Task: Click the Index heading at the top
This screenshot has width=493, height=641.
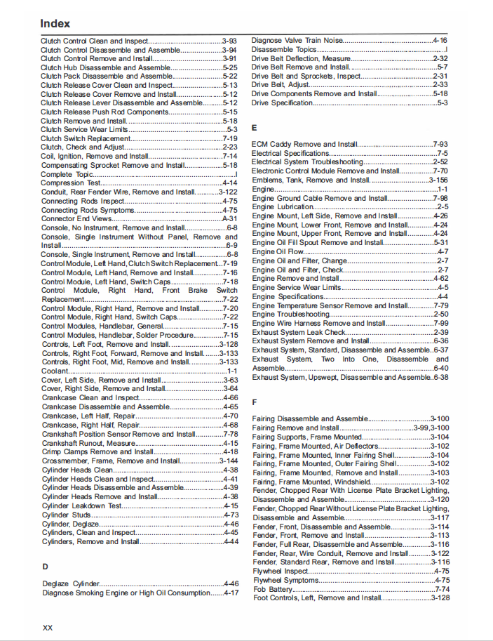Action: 55,24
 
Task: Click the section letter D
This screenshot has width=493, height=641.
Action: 45,565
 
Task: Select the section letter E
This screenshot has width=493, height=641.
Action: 255,128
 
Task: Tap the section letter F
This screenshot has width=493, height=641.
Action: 255,402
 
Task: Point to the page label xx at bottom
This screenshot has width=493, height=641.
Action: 48,626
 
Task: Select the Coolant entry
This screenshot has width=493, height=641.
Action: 55,371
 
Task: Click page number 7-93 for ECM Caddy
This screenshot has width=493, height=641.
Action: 440,144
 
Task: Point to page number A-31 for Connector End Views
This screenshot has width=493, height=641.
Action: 230,219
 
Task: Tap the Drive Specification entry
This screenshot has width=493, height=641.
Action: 283,103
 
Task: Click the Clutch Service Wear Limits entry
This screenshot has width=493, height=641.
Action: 84,129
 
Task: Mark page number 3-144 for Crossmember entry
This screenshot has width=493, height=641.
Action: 227,461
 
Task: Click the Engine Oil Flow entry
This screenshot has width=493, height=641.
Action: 278,251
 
